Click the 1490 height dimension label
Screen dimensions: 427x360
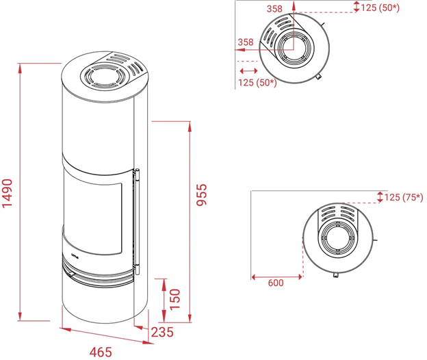pyautogui.click(x=8, y=193)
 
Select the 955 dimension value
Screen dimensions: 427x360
pyautogui.click(x=202, y=194)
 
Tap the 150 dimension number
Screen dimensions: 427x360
pyautogui.click(x=175, y=299)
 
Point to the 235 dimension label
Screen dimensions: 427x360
pyautogui.click(x=162, y=332)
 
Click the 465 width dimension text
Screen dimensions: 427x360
pyautogui.click(x=101, y=352)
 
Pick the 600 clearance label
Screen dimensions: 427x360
pyautogui.click(x=276, y=283)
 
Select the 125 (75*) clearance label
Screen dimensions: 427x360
pyautogui.click(x=404, y=197)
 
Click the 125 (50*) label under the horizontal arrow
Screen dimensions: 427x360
pyautogui.click(x=257, y=82)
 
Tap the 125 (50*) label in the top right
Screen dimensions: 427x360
pyautogui.click(x=380, y=8)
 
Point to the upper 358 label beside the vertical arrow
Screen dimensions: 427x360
pyautogui.click(x=274, y=9)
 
